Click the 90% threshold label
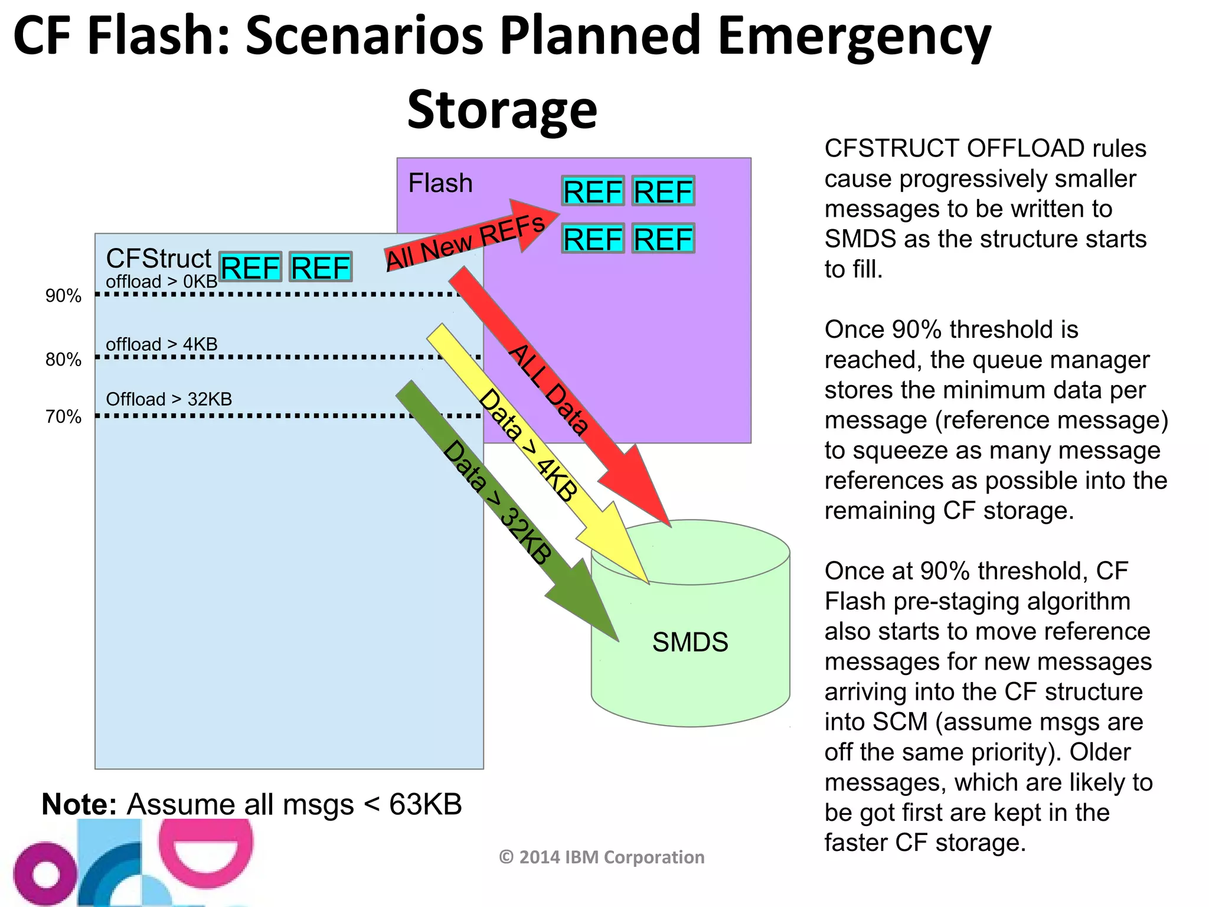(63, 295)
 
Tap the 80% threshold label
(63, 359)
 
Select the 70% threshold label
(63, 417)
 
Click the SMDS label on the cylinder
(690, 642)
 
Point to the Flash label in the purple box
(440, 183)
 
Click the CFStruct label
(158, 258)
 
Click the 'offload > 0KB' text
(161, 282)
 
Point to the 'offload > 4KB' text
(161, 344)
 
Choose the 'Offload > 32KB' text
(169, 399)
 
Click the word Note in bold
(79, 804)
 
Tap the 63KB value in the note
(425, 804)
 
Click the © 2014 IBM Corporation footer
(602, 857)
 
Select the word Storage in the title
(502, 110)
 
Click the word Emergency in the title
(854, 37)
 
